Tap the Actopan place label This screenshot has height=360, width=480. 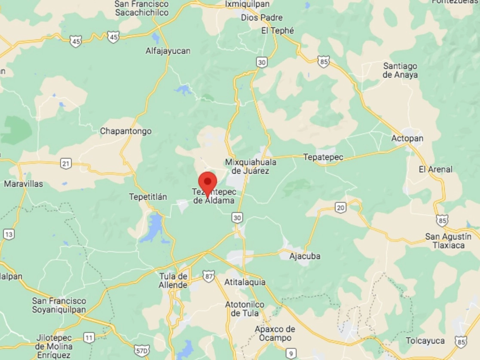tap(407, 138)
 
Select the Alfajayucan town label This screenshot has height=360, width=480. tap(168, 51)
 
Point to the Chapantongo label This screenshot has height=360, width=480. tap(125, 131)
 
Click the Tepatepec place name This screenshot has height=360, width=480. tap(323, 157)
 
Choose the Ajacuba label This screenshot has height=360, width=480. tap(305, 256)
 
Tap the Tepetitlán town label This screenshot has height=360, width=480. tap(148, 197)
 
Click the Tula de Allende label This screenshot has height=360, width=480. tap(173, 280)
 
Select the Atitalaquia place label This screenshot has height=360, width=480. tap(245, 283)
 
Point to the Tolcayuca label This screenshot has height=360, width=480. tap(425, 341)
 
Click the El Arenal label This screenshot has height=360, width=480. tap(435, 169)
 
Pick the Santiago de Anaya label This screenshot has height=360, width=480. tap(400, 71)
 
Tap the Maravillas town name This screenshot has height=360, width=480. tap(24, 184)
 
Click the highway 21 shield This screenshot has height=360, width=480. tap(66, 163)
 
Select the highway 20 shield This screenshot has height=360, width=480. tap(341, 208)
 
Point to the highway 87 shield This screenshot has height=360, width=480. tap(209, 277)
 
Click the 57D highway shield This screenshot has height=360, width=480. tap(142, 350)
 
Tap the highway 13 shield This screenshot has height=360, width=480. tap(9, 234)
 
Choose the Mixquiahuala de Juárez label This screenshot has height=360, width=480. tap(251, 166)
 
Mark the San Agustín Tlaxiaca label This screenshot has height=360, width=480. tap(448, 241)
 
